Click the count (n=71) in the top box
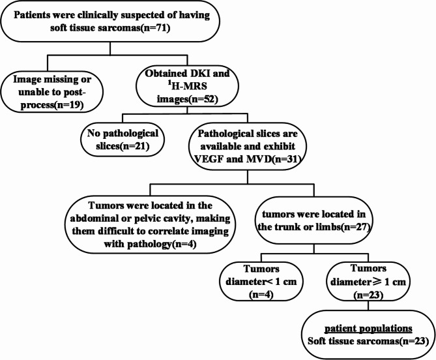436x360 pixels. coord(156,28)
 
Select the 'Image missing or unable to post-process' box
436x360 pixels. coord(51,91)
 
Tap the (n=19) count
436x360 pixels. coord(68,105)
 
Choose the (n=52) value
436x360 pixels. coord(202,99)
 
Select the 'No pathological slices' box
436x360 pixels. coord(123,140)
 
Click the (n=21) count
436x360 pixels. coord(135,146)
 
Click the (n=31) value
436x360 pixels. coord(286,159)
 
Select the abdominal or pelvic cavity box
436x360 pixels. coord(150,224)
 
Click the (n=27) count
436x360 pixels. coord(355,227)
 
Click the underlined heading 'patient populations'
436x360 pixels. coord(368,329)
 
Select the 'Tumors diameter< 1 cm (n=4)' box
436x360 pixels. coord(261,282)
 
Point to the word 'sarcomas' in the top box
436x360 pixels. coord(115,28)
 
